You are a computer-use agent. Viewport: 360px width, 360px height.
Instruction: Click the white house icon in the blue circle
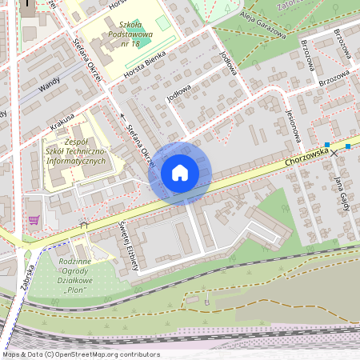(180, 173)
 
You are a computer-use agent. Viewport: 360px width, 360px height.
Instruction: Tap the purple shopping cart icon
(33, 219)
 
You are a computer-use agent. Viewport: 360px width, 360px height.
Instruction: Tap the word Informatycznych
(78, 161)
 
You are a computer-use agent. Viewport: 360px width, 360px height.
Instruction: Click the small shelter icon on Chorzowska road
(83, 226)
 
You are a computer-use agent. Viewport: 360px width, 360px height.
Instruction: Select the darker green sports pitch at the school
(163, 22)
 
